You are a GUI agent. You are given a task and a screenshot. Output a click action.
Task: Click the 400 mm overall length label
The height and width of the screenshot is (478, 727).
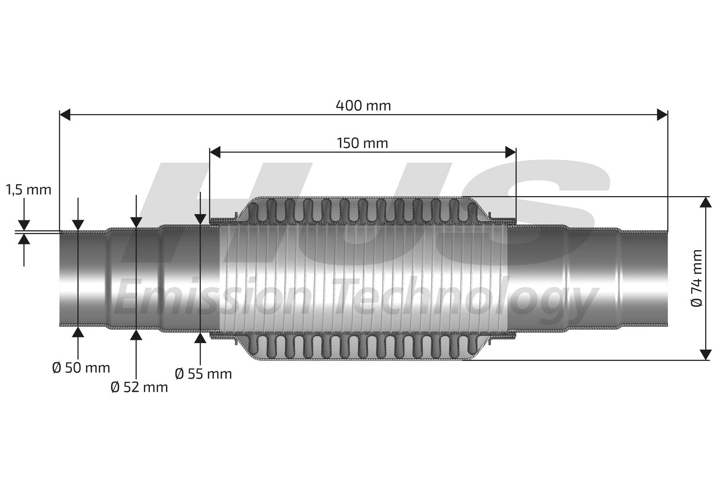(x=363, y=106)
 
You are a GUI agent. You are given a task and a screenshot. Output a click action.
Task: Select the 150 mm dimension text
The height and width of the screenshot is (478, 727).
(x=362, y=143)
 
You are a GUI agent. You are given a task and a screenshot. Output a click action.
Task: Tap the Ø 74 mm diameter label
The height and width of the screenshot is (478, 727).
(x=697, y=278)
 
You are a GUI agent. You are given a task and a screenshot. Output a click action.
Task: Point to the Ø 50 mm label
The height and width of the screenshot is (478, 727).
(x=81, y=368)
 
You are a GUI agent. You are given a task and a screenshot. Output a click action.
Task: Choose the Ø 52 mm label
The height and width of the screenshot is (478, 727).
(x=139, y=387)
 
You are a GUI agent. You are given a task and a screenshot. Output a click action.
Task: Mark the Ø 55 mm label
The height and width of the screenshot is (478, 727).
(x=203, y=374)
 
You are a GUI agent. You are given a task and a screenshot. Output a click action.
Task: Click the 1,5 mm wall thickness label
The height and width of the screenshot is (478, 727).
(x=29, y=190)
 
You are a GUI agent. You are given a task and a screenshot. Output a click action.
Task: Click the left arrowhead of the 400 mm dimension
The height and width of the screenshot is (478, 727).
(x=65, y=114)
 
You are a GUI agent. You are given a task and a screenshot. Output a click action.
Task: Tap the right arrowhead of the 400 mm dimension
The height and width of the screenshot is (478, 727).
(x=662, y=114)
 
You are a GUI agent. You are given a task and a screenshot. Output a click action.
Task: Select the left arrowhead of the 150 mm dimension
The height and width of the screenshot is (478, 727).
(x=215, y=152)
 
